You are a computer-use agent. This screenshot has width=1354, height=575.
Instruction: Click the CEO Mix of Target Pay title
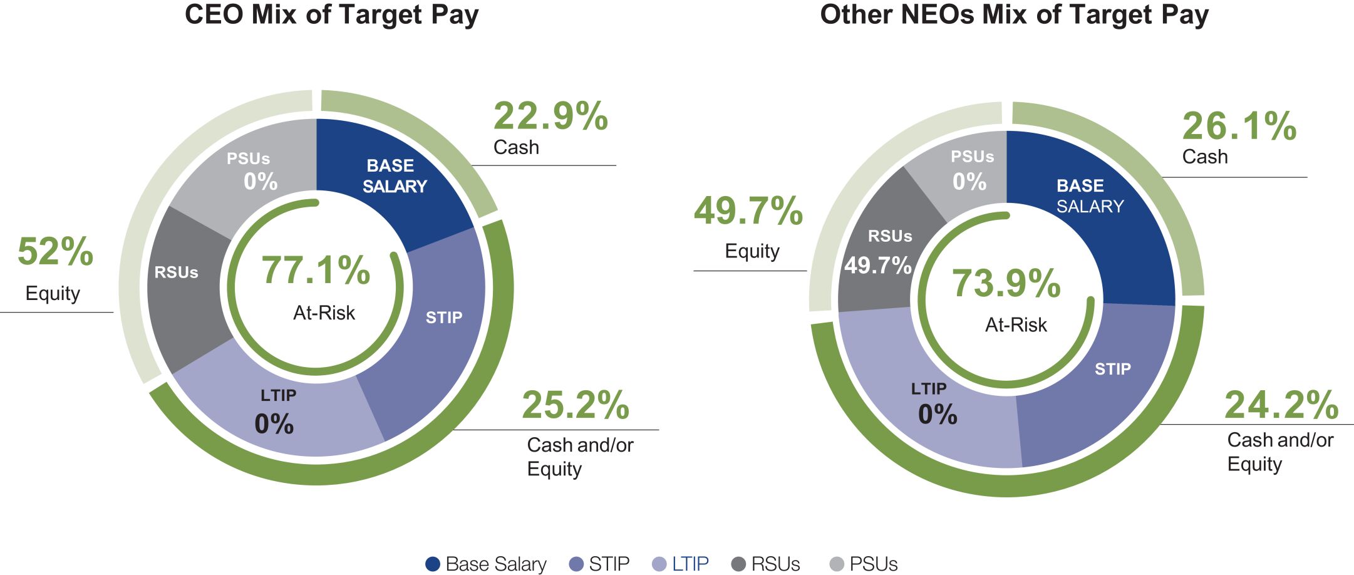click(x=331, y=15)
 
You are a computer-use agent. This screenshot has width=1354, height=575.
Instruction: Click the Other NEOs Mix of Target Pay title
click(x=1014, y=15)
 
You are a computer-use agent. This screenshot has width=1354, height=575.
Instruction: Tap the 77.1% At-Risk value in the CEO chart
click(x=316, y=271)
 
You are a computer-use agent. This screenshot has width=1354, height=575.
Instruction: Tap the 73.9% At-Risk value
click(x=1006, y=283)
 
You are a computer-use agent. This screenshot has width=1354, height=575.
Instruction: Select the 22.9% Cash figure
click(x=550, y=117)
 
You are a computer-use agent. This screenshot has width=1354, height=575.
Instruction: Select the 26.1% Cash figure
click(x=1239, y=127)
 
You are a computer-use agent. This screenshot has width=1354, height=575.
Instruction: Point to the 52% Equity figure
click(x=55, y=252)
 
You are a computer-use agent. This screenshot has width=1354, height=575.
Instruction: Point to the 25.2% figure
click(x=576, y=405)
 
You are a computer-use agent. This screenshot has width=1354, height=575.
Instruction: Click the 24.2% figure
click(x=1281, y=405)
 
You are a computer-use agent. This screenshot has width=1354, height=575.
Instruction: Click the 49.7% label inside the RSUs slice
click(x=877, y=266)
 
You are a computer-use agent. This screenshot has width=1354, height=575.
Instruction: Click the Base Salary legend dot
click(x=432, y=564)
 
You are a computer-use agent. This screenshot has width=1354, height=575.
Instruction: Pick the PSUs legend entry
click(x=864, y=564)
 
